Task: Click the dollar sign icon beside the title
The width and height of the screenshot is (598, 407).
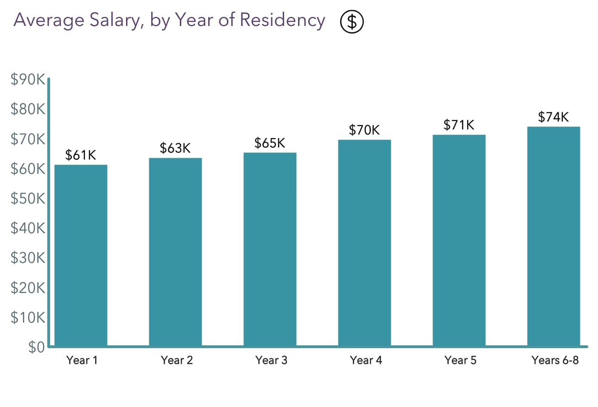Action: [x=352, y=22]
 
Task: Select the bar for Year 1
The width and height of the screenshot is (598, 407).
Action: [x=81, y=255]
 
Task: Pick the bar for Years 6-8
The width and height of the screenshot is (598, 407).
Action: [x=553, y=236]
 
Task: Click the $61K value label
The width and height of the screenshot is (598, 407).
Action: [x=81, y=155]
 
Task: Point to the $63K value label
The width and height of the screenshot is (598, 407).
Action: [x=175, y=148]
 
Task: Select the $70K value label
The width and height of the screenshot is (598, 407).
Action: [x=364, y=130]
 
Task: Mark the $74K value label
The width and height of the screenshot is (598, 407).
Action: [x=553, y=117]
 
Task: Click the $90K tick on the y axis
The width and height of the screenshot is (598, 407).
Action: [x=27, y=80]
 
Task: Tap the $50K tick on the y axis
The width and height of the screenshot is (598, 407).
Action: [x=27, y=199]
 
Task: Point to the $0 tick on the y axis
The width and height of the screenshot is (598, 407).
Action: [x=36, y=348]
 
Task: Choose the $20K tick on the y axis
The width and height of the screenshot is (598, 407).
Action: [x=27, y=288]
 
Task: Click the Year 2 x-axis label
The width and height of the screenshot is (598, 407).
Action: [x=177, y=360]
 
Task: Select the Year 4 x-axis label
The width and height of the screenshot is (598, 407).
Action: [x=366, y=360]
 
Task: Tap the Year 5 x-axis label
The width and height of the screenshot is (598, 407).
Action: [x=460, y=360]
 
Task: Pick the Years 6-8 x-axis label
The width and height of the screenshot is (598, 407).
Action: [x=555, y=360]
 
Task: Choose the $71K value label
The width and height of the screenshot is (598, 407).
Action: [x=459, y=125]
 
